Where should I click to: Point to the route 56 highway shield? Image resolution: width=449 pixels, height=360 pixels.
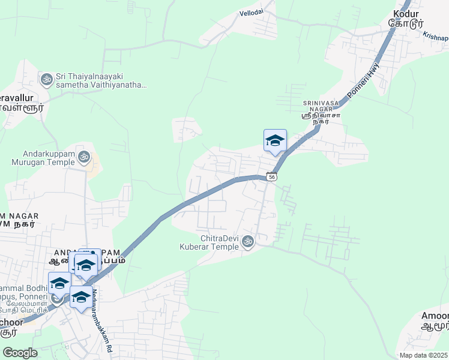pyautogui.click(x=273, y=177)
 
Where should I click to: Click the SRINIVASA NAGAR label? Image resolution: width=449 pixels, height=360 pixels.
pyautogui.click(x=321, y=103)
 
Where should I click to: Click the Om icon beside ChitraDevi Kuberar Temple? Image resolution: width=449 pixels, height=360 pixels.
pyautogui.click(x=247, y=242)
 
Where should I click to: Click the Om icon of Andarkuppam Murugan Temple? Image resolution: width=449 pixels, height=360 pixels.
pyautogui.click(x=85, y=157)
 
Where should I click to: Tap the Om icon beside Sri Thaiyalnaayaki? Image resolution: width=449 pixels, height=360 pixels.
pyautogui.click(x=46, y=79)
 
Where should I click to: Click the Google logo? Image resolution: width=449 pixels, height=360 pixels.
pyautogui.click(x=20, y=352)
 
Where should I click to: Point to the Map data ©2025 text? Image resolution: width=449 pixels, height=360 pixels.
pyautogui.click(x=424, y=355)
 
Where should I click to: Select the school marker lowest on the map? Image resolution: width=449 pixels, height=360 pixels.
pyautogui.click(x=81, y=296)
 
